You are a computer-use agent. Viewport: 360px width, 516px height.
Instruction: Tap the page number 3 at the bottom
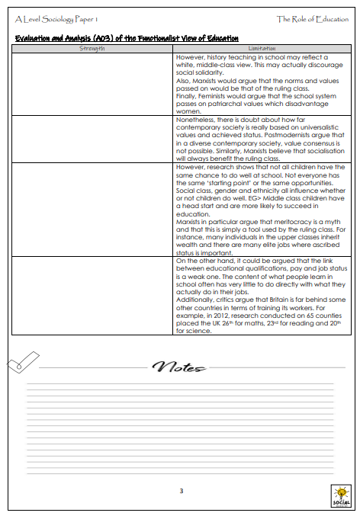pos(181,490)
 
